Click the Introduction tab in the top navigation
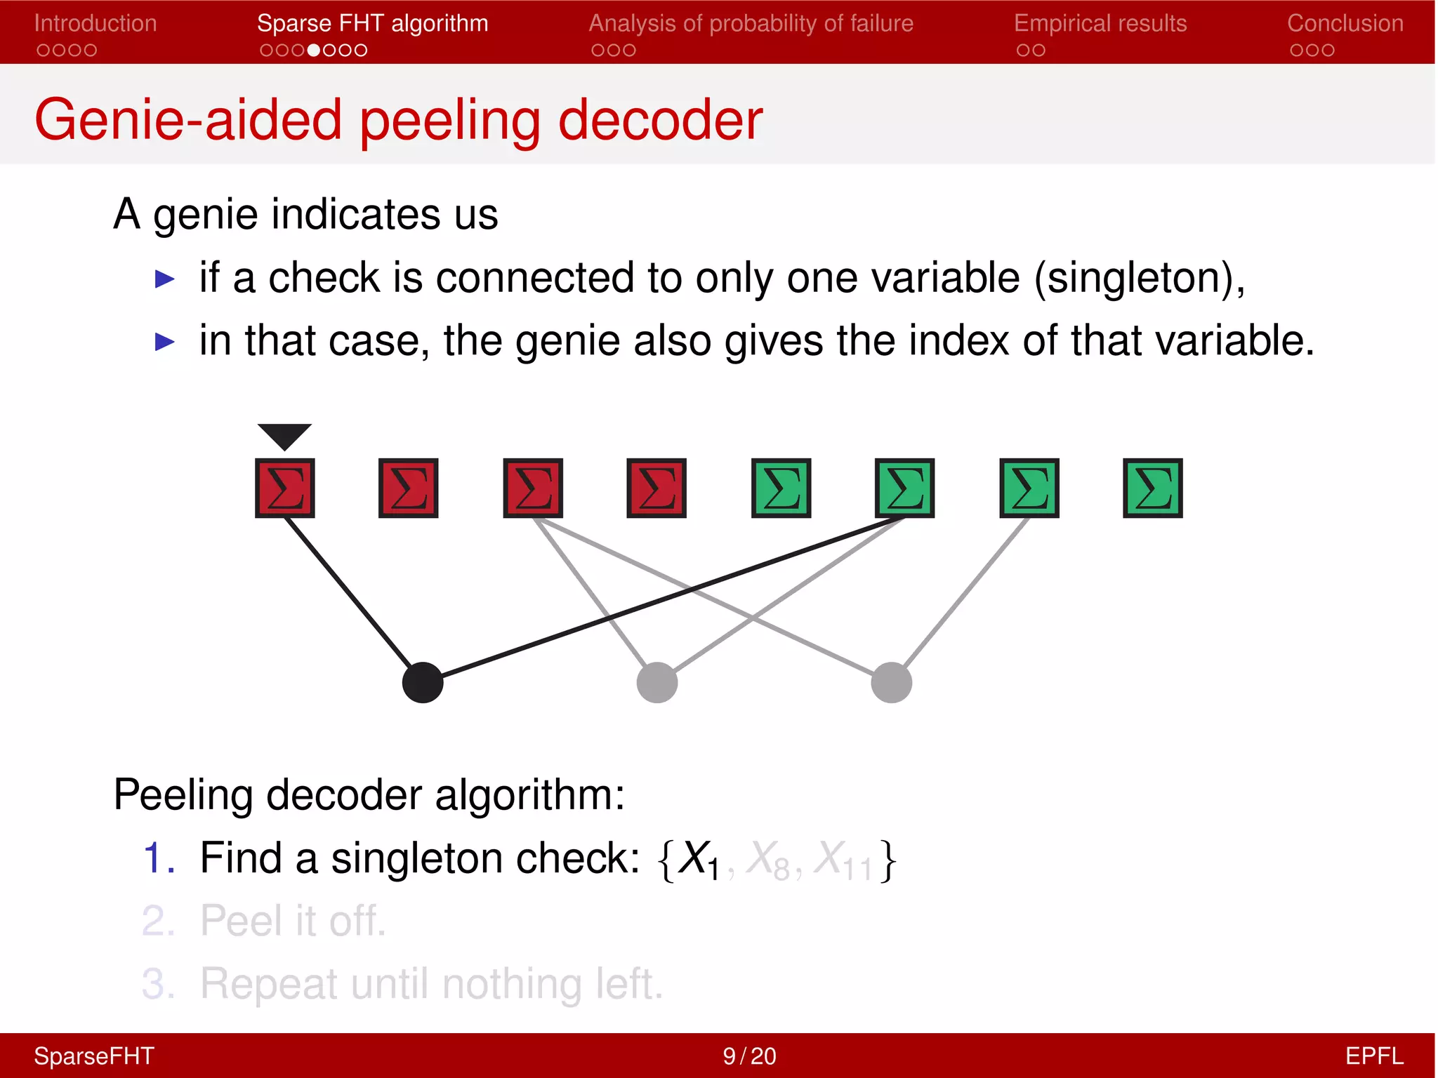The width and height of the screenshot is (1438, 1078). tap(95, 23)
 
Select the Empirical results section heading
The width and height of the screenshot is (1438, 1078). tap(1100, 23)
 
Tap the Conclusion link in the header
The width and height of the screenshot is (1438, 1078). tap(1345, 23)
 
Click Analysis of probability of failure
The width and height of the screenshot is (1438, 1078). tap(751, 23)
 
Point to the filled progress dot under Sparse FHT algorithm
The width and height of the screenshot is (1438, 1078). tap(314, 51)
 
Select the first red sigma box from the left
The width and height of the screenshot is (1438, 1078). tap(284, 488)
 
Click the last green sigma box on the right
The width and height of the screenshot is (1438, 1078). tap(1152, 488)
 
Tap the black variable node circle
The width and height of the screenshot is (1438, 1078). tap(423, 682)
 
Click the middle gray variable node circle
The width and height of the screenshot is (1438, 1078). tap(657, 682)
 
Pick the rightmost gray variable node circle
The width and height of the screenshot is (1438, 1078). tap(891, 682)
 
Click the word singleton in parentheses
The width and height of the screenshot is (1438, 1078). tap(1138, 278)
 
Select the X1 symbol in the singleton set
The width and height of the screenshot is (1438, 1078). tap(699, 859)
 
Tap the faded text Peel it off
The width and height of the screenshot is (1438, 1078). tap(293, 921)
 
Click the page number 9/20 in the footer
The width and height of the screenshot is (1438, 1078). tap(749, 1056)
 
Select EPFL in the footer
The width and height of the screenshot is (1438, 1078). tap(1373, 1056)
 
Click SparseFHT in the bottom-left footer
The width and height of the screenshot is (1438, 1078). tap(94, 1056)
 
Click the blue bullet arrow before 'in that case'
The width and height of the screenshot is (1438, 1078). tap(164, 342)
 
